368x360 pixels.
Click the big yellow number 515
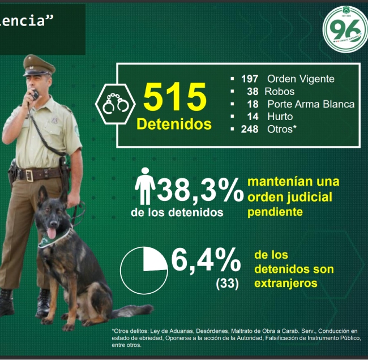(174, 97)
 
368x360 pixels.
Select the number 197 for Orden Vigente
(249, 79)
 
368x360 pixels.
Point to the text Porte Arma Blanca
(310, 104)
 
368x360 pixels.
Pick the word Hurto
(280, 117)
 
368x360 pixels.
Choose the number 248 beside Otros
(249, 129)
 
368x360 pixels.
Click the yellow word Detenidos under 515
(174, 124)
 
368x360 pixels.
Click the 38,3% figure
(200, 190)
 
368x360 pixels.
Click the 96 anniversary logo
(344, 28)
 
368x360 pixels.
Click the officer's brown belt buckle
(26, 175)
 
